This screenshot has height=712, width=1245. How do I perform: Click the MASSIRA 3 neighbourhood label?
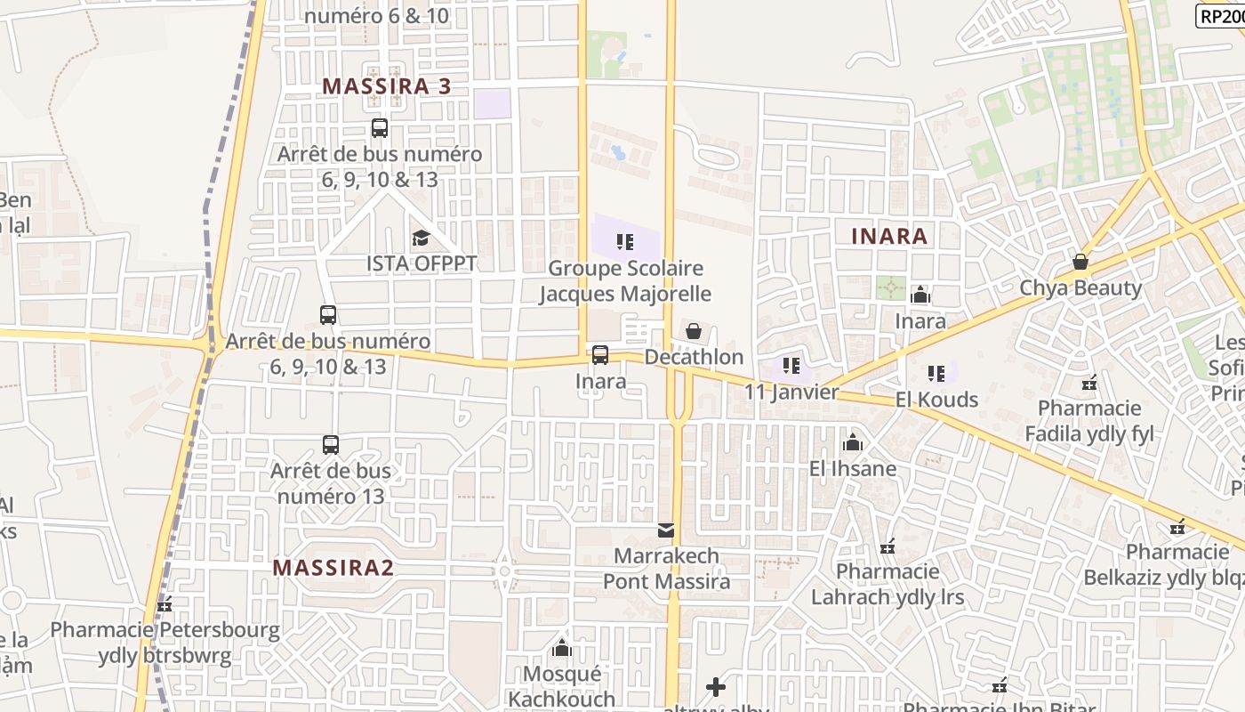coord(386,86)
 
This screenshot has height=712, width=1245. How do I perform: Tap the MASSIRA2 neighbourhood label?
coord(333,568)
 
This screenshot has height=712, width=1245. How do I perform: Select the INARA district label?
coord(889,236)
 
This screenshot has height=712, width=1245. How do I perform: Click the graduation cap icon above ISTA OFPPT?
coord(421,239)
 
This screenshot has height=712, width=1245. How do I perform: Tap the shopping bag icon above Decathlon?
coord(694,331)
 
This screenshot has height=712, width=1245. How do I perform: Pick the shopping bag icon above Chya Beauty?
coord(1080,262)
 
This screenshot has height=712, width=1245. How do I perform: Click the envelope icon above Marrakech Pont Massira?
coord(666,530)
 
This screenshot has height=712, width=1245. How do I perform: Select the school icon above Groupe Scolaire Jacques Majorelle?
coord(625,241)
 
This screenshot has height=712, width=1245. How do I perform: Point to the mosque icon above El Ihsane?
coord(853,441)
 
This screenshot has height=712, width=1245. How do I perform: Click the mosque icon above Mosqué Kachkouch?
coord(562,648)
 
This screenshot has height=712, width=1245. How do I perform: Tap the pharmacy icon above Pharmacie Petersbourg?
coord(165,605)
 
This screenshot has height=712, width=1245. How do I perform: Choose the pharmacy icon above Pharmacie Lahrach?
coord(887,546)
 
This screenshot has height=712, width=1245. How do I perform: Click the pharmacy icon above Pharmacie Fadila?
coord(1089,383)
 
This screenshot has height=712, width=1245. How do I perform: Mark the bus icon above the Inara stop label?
coord(600,355)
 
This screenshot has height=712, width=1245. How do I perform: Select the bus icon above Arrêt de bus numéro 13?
coord(331,444)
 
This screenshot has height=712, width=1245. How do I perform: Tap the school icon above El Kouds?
coord(936,374)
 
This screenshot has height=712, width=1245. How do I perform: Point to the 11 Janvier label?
coord(791,392)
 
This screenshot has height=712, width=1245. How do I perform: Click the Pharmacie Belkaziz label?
coord(1163,565)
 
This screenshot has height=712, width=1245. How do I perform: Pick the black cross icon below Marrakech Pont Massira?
coord(715,687)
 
